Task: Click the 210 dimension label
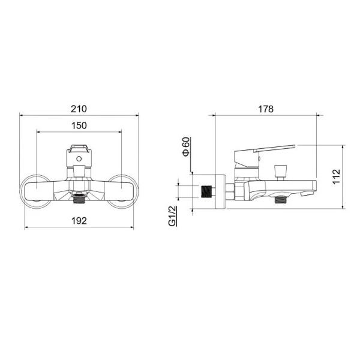click(79, 109)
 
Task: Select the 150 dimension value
click(79, 125)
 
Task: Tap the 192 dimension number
click(79, 221)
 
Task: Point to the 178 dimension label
click(266, 109)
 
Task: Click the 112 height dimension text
click(337, 176)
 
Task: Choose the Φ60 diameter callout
click(186, 146)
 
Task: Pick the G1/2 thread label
click(172, 216)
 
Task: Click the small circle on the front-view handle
click(79, 158)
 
